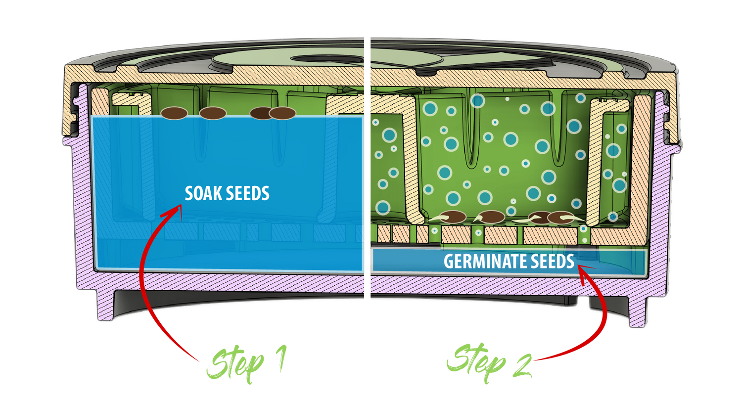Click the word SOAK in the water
pyautogui.click(x=203, y=193)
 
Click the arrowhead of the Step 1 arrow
pyautogui.click(x=177, y=213)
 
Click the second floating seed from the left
pyautogui.click(x=213, y=113)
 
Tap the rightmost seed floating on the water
pyautogui.click(x=282, y=113)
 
